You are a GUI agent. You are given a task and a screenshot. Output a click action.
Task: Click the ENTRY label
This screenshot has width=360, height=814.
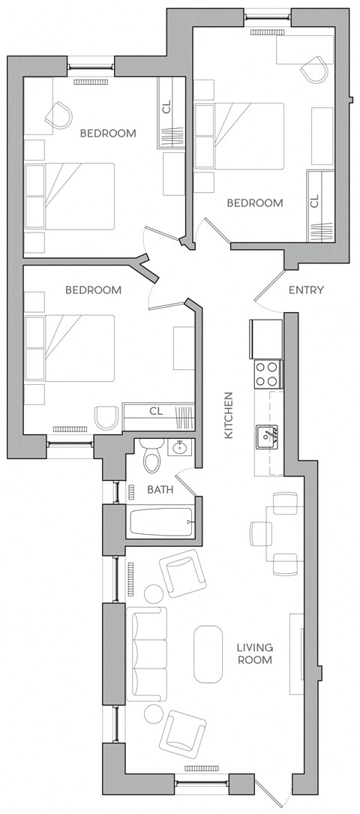coord(305,290)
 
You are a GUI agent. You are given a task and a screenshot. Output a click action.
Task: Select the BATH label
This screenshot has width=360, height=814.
coord(160,490)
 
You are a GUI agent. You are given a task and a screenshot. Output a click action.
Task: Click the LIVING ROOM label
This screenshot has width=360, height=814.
coord(254,653)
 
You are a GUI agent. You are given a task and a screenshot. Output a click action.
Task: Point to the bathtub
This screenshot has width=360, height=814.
coord(161,522)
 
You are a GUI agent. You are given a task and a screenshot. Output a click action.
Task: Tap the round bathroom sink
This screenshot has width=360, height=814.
coord(179,448)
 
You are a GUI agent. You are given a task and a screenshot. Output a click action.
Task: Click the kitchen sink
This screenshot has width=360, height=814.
coord(268,435)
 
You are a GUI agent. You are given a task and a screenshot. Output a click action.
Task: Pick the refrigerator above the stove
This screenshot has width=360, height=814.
coord(265,338)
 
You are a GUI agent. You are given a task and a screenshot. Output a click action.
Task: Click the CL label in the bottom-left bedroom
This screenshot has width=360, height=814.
coord(155,410)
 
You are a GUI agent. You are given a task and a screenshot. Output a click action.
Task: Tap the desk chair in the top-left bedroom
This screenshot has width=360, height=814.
coord(58,115)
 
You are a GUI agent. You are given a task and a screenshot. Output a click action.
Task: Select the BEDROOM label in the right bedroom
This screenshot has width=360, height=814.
coord(255,203)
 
